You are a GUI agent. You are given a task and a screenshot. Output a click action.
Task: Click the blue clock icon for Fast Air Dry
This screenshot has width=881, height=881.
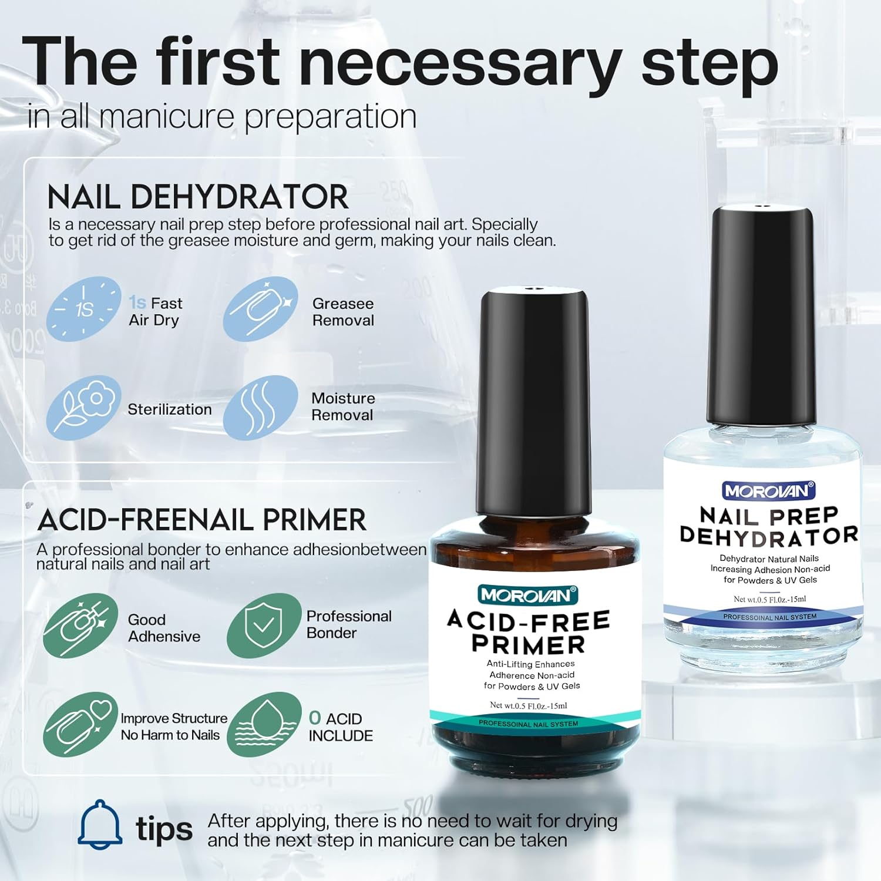coord(84,309)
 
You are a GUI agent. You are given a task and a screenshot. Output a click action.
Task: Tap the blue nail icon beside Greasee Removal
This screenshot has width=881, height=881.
coord(260,309)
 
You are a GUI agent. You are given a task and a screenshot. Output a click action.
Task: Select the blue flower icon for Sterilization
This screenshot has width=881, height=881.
coord(84,408)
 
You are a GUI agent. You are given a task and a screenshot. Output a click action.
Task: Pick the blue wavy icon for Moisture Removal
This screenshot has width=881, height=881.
coord(260,408)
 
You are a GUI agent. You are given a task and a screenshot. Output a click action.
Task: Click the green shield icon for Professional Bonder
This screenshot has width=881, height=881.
coord(263,626)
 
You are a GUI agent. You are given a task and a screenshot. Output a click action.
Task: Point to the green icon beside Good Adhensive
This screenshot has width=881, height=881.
coord(80,626)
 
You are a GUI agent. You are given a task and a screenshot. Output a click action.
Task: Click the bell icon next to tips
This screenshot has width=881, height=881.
coord(100,825)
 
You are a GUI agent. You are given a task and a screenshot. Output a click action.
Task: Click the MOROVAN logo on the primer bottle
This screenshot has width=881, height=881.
coord(528,595)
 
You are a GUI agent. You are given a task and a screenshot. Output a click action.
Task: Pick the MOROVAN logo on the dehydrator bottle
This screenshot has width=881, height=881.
coord(768,490)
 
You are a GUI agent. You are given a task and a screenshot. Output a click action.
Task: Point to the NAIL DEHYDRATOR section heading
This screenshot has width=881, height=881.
coord(198,197)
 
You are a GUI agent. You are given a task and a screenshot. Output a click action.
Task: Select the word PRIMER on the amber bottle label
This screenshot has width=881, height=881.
coord(529,644)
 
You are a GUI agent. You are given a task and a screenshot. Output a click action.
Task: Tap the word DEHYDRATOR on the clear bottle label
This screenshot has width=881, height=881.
coord(768,535)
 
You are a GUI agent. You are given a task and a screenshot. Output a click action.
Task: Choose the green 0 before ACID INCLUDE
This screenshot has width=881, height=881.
coord(315,718)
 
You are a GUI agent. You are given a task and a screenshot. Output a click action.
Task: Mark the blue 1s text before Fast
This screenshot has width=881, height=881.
coord(137,302)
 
